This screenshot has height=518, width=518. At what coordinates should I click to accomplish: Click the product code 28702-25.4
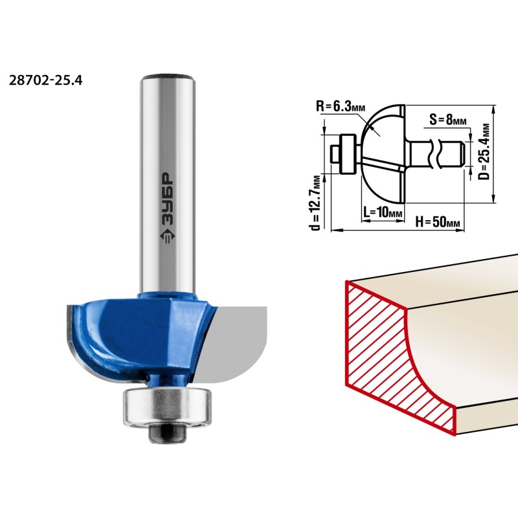click(x=45, y=80)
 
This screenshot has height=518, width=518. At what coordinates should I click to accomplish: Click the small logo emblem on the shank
click(x=168, y=236)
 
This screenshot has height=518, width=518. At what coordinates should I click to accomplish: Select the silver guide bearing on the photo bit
click(x=167, y=408)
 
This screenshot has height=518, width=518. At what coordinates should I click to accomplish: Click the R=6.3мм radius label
click(x=341, y=106)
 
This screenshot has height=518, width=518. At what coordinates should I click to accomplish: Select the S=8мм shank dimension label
click(x=448, y=119)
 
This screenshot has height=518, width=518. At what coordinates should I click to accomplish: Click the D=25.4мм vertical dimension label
click(x=484, y=152)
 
